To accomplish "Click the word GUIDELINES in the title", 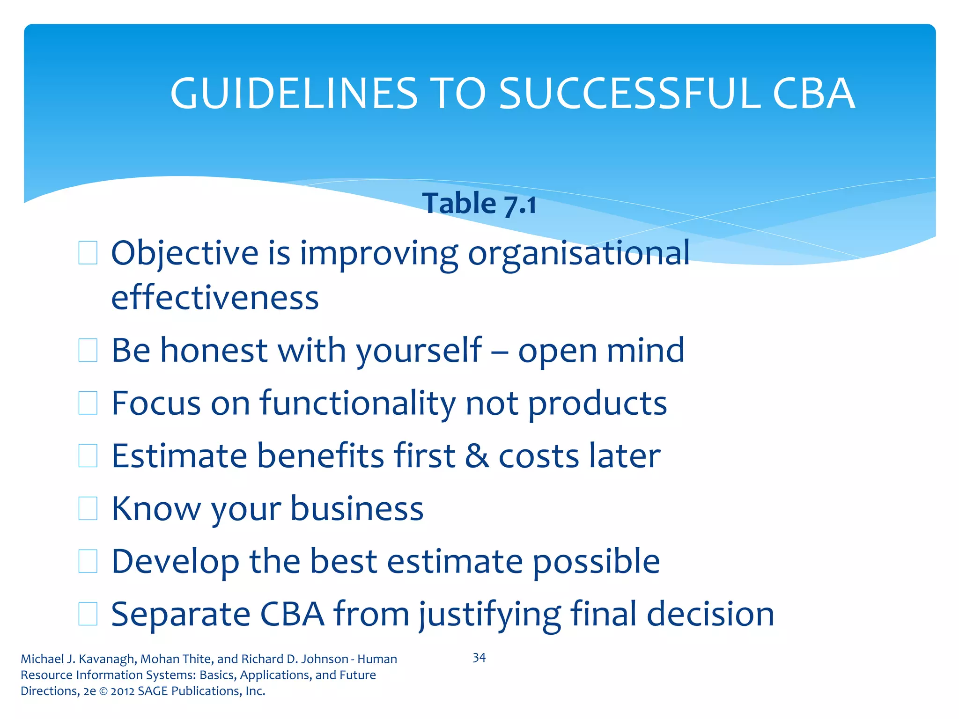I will (x=294, y=94).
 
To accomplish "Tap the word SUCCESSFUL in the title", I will (x=630, y=94).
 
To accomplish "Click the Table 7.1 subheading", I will (x=479, y=204).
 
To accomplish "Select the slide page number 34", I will (x=479, y=658).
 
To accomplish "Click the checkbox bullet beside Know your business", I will (x=88, y=509).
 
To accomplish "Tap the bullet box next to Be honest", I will (x=88, y=351).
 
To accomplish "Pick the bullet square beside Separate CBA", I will (x=88, y=614).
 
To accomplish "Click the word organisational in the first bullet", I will (x=579, y=253).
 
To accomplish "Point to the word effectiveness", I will (x=215, y=298).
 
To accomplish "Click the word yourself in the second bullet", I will (x=419, y=351).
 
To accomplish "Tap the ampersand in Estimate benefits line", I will (x=477, y=456).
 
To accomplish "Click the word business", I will (x=357, y=509).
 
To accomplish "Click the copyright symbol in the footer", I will (x=103, y=691).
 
